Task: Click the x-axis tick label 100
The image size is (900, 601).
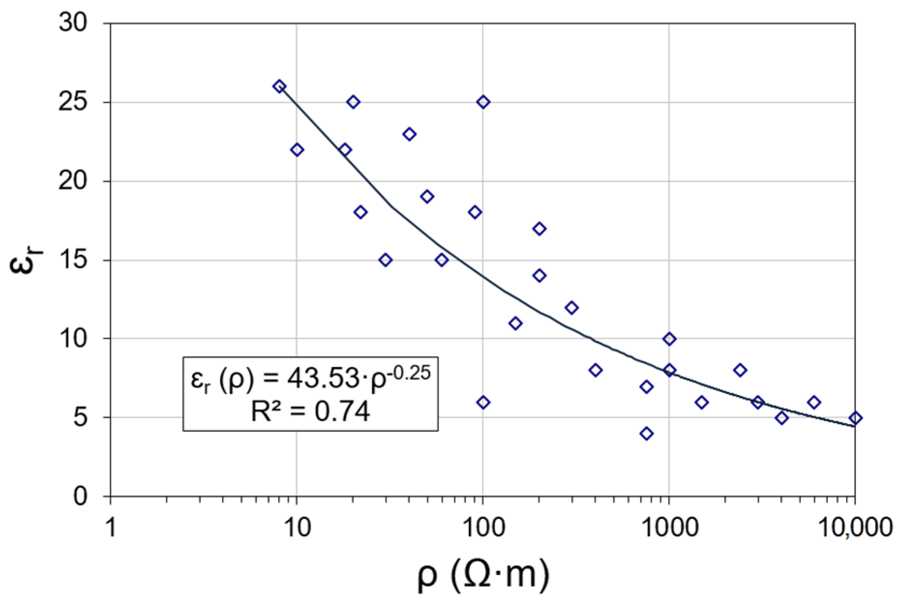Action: pyautogui.click(x=483, y=527)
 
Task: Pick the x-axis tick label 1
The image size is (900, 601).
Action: pyautogui.click(x=111, y=527)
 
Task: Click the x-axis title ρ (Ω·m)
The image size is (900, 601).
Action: pyautogui.click(x=483, y=574)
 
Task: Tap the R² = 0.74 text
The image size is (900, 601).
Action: pyautogui.click(x=310, y=412)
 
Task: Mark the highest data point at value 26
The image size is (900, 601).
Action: pyautogui.click(x=279, y=87)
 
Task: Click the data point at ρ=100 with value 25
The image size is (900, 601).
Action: pyautogui.click(x=483, y=102)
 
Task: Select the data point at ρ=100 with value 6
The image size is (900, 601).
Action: pyautogui.click(x=483, y=402)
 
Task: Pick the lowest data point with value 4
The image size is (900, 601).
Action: pyautogui.click(x=647, y=434)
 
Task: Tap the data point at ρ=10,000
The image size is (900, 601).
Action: pyautogui.click(x=855, y=418)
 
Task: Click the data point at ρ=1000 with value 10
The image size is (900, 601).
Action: pyautogui.click(x=669, y=339)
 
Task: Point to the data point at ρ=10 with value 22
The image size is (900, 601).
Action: pyautogui.click(x=297, y=150)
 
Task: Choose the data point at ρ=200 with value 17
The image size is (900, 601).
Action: pyautogui.click(x=539, y=229)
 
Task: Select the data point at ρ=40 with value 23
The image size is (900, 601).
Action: pyautogui.click(x=409, y=134)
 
